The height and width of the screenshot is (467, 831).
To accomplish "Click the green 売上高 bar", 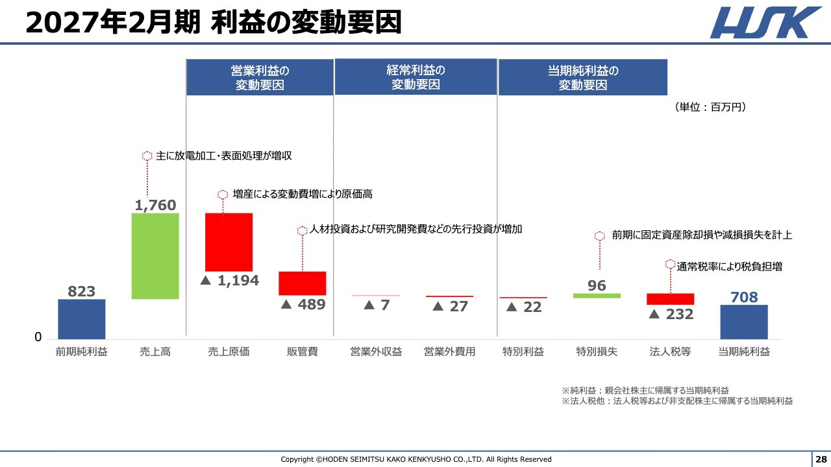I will pyautogui.click(x=155, y=256).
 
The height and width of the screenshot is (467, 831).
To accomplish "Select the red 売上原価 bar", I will pyautogui.click(x=229, y=241).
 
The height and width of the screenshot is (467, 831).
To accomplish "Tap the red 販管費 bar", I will pyautogui.click(x=303, y=283).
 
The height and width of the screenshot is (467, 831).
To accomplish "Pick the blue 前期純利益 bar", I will pyautogui.click(x=82, y=318).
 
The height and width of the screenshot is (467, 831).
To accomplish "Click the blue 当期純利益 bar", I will pyautogui.click(x=744, y=322).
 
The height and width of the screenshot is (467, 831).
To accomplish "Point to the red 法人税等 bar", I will pyautogui.click(x=670, y=299).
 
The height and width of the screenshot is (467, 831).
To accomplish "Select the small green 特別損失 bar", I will pyautogui.click(x=597, y=296).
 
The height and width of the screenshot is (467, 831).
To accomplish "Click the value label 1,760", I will pyautogui.click(x=155, y=206).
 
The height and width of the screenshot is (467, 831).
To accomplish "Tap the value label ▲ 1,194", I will pyautogui.click(x=229, y=281).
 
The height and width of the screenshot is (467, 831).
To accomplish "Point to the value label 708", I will pyautogui.click(x=744, y=297).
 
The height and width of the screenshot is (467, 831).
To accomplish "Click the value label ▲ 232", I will pyautogui.click(x=671, y=315).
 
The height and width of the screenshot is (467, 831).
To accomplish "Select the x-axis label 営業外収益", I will pyautogui.click(x=376, y=352).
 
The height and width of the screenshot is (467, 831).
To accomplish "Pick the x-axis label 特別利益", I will pyautogui.click(x=523, y=352).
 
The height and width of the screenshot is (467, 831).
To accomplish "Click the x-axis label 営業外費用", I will pyautogui.click(x=449, y=352).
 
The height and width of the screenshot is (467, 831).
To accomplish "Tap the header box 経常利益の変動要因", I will pyautogui.click(x=415, y=77).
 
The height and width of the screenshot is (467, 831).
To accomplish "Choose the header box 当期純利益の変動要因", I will pyautogui.click(x=582, y=77).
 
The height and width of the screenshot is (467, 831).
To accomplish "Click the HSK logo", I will pyautogui.click(x=765, y=23).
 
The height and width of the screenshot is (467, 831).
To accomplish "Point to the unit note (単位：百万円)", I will pyautogui.click(x=710, y=108).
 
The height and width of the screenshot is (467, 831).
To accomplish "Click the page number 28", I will pyautogui.click(x=821, y=459).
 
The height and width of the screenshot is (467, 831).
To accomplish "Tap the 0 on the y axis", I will pyautogui.click(x=38, y=337).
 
